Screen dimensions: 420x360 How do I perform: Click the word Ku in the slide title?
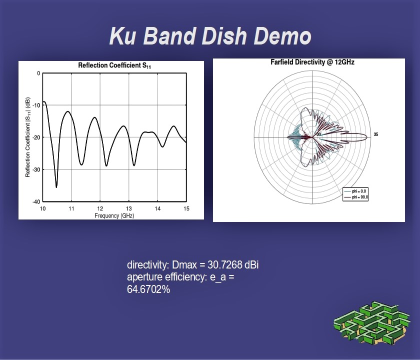click(x=122, y=36)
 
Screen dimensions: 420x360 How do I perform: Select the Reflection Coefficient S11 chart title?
click(x=114, y=65)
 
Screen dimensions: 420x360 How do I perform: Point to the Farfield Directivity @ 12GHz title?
click(x=312, y=62)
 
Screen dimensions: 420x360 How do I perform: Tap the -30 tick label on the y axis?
click(x=36, y=169)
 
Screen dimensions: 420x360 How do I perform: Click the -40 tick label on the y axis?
click(x=36, y=201)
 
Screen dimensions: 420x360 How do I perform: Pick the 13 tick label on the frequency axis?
click(x=129, y=208)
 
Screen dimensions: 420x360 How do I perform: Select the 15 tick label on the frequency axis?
click(x=186, y=208)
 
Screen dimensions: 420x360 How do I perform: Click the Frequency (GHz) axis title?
click(x=114, y=215)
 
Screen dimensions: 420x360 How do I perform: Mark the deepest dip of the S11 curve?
click(x=56, y=187)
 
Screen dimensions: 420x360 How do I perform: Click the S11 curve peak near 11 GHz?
click(x=68, y=111)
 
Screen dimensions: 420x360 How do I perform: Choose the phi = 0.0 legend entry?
click(x=355, y=191)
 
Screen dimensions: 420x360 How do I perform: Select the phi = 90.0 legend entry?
click(x=356, y=197)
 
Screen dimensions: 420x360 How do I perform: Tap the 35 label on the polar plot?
click(x=376, y=134)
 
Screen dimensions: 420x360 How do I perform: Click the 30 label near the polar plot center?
click(x=319, y=134)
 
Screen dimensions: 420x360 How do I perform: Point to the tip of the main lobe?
click(x=367, y=137)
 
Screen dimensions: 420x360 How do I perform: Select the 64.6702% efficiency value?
click(x=148, y=289)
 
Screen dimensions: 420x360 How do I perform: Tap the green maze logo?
click(x=371, y=323)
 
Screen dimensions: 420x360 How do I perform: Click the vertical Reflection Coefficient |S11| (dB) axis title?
click(x=27, y=137)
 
